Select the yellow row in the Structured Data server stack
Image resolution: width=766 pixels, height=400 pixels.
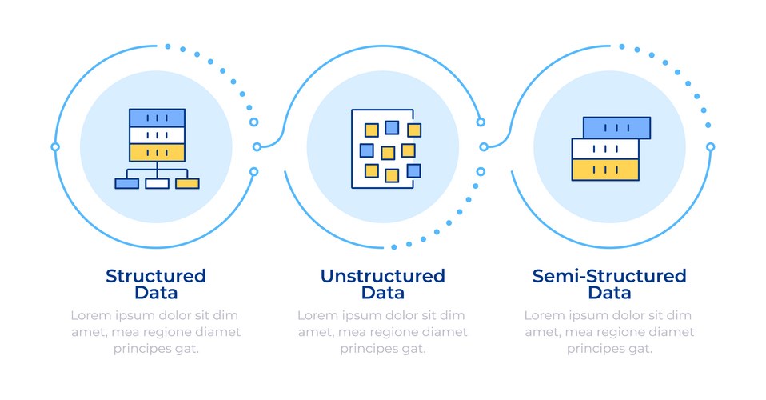point(157,152)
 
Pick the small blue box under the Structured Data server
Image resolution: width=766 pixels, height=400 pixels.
point(126,183)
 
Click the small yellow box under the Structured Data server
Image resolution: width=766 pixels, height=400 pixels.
point(187,183)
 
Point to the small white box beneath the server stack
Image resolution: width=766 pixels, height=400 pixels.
point(157,183)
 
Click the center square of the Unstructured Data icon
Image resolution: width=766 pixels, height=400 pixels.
point(388,153)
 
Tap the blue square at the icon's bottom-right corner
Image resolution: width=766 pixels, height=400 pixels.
point(413,170)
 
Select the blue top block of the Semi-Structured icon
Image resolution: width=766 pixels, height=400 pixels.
point(616,127)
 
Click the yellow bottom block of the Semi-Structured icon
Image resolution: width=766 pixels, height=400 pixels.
point(605,169)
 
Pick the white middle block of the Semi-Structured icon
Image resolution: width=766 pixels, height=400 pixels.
point(605,149)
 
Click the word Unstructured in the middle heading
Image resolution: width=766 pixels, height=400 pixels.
point(382,276)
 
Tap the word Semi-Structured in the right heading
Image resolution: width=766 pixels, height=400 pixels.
point(609,276)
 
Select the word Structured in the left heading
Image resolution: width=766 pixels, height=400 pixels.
point(156,276)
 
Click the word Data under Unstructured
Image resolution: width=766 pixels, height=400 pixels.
point(382,293)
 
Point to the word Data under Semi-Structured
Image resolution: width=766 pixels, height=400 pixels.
point(609,293)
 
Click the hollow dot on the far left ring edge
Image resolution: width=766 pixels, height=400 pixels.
point(54,146)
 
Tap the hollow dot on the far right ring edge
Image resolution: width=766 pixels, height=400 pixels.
point(710,146)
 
